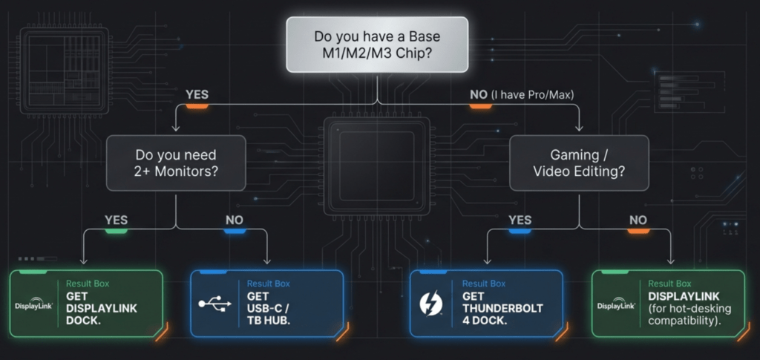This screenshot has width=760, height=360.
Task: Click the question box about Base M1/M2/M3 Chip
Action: point(377,46)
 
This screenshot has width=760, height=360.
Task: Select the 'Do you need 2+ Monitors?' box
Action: point(176,163)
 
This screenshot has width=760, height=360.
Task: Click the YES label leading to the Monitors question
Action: point(197,95)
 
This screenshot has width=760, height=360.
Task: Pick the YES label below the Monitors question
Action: point(116,220)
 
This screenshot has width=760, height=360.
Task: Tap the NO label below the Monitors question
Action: point(235,220)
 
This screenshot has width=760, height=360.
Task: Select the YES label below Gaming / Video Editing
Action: point(520,220)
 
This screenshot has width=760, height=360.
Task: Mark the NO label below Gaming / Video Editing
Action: point(638,220)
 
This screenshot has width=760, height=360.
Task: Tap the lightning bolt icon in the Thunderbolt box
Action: point(431,305)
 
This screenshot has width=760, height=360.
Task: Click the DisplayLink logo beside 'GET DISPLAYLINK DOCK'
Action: point(33,304)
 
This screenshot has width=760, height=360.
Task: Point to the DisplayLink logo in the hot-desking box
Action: point(616,304)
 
